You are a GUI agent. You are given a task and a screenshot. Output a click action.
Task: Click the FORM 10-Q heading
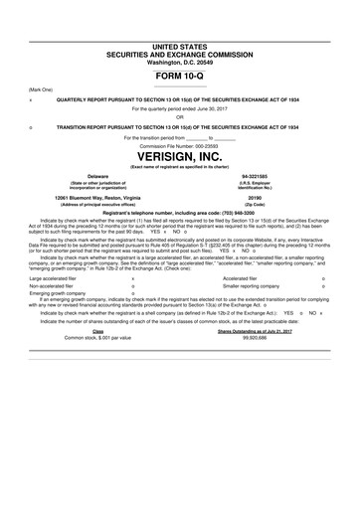pyautogui.click(x=179, y=77)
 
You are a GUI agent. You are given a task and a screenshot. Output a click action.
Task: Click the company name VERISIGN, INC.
pyautogui.click(x=179, y=158)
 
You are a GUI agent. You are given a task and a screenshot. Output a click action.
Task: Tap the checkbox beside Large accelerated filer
pyautogui.click(x=133, y=308)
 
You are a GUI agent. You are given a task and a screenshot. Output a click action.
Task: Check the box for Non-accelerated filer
pyautogui.click(x=133, y=317)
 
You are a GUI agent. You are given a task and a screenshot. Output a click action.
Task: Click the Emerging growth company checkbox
pyautogui.click(x=133, y=324)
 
